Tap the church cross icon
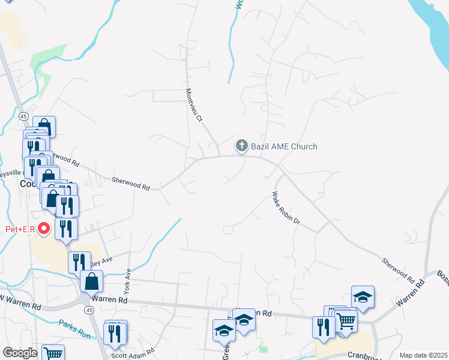241,146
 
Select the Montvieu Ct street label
193,106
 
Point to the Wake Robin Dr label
286,211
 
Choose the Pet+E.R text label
17,229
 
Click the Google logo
20,353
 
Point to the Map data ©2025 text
423,355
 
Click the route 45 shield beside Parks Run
89,310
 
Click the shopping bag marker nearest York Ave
91,281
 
